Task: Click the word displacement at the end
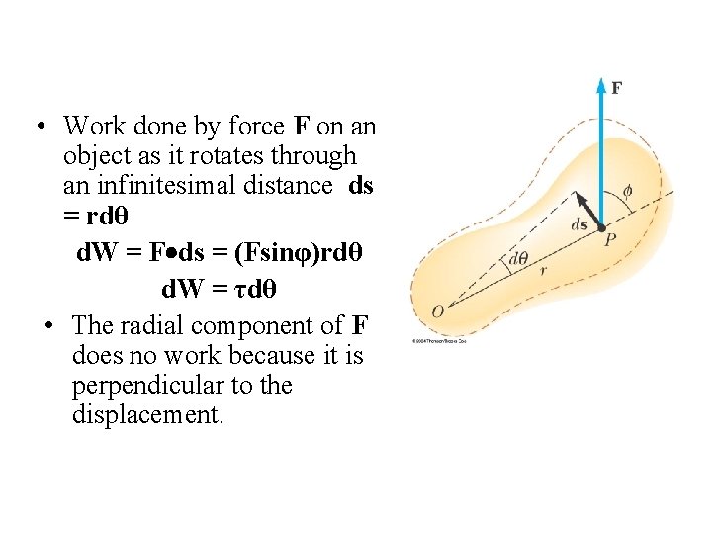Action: coord(148,414)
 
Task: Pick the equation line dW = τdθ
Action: coord(219,290)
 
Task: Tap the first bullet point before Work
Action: coord(36,127)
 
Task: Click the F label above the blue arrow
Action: coord(616,88)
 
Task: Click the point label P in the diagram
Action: coord(610,240)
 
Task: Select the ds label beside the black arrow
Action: coord(580,224)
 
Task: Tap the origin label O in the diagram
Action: coord(437,312)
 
